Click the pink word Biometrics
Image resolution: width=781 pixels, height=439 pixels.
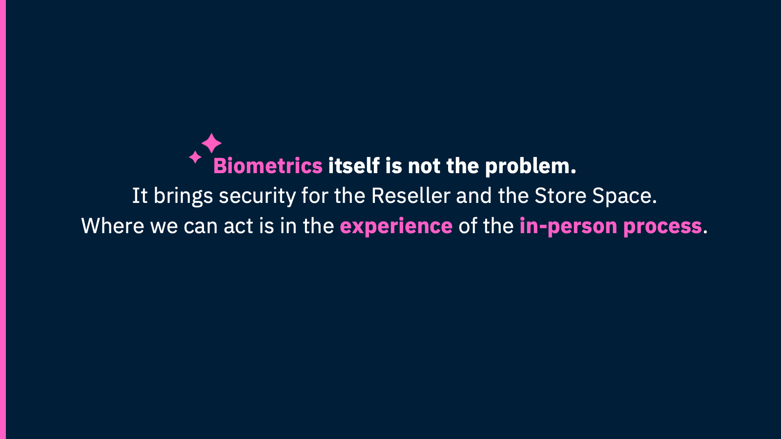(x=267, y=166)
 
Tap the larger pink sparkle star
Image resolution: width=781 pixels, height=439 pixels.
(x=211, y=143)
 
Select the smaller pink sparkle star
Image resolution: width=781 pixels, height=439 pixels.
(x=195, y=157)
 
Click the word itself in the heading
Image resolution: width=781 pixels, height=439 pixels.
(x=353, y=166)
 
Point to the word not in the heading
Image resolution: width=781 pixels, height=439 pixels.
(x=424, y=166)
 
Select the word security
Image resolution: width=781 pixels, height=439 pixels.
(x=257, y=197)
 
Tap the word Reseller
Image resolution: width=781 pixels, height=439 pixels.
(x=411, y=196)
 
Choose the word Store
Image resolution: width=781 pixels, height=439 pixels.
(x=560, y=196)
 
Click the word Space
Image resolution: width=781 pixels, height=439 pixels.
(x=624, y=197)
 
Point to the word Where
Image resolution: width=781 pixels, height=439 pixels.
(x=112, y=226)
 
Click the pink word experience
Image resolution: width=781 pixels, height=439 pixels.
(x=396, y=227)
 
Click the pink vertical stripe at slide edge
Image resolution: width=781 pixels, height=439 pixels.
(x=2, y=219)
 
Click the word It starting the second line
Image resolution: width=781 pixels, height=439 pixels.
(x=140, y=196)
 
